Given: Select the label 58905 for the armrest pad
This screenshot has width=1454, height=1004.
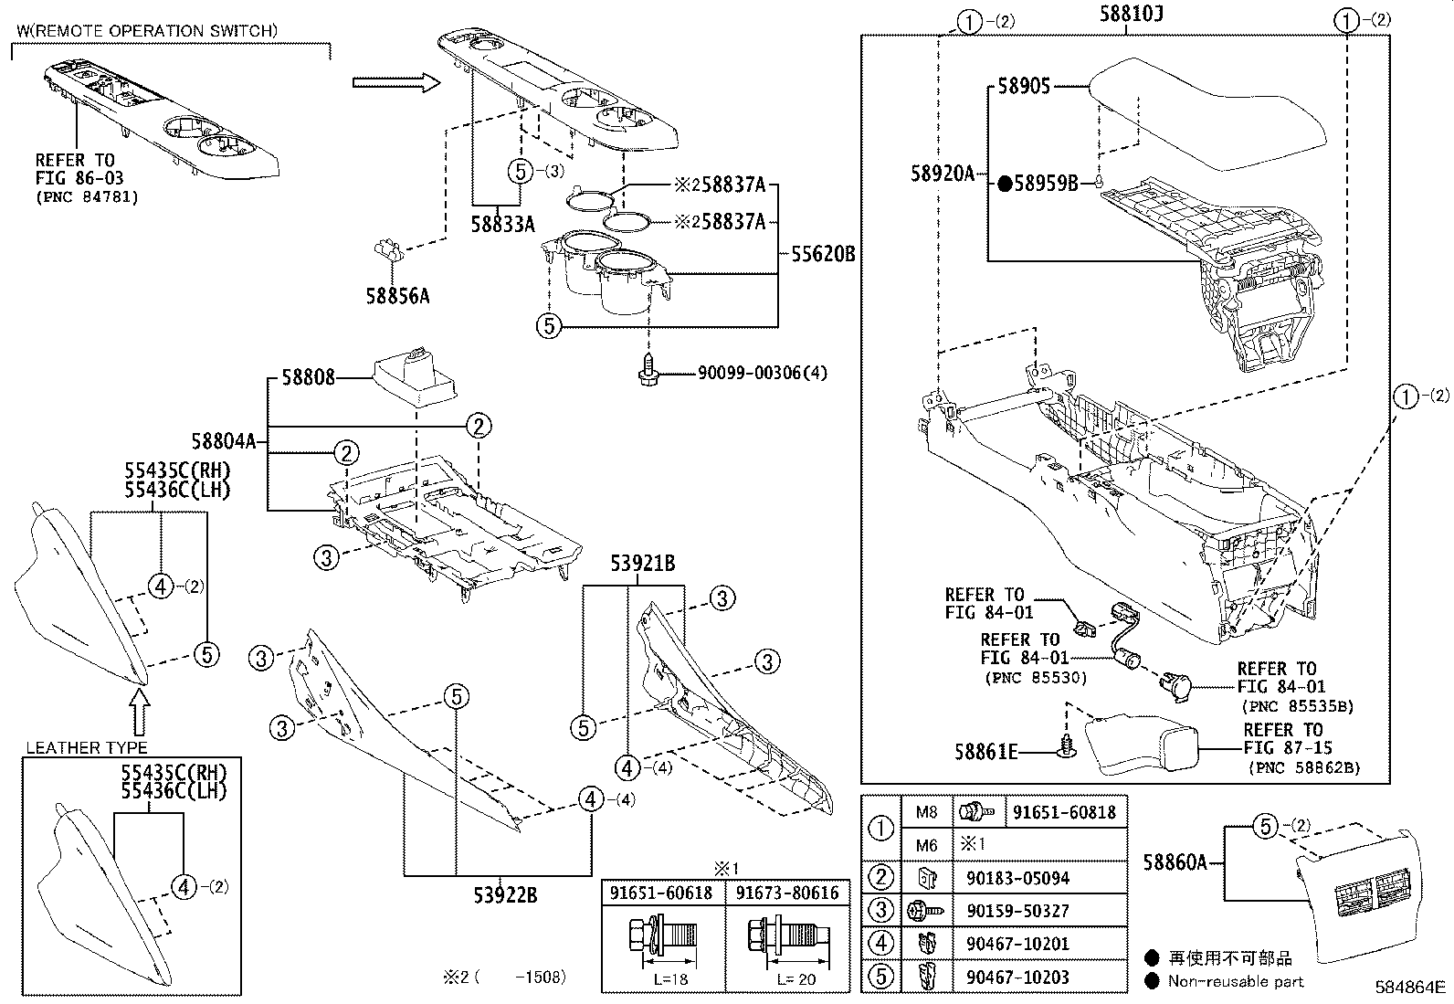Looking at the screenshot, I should [x=1023, y=86].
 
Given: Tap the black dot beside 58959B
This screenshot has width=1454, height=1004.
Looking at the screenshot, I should [x=1004, y=185].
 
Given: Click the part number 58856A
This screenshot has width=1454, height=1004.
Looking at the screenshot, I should [x=397, y=296].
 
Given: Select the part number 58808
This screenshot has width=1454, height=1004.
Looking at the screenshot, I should [x=308, y=377].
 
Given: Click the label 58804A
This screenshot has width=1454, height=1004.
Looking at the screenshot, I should [x=223, y=442].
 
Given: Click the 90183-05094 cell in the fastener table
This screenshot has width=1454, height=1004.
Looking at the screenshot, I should [x=1017, y=879].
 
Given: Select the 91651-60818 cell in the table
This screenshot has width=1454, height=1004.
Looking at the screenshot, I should [x=1065, y=812].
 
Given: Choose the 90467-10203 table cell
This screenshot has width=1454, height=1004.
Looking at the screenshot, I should [x=1017, y=978].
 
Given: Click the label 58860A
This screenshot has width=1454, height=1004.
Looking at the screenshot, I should [x=1175, y=861].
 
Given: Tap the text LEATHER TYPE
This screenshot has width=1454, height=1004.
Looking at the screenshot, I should [x=86, y=748].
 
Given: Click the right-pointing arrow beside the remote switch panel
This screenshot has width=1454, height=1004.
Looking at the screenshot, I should [x=387, y=83].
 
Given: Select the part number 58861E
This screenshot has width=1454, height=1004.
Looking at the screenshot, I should [x=985, y=752].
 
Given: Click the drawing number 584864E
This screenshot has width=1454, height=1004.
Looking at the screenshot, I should [x=1411, y=988].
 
